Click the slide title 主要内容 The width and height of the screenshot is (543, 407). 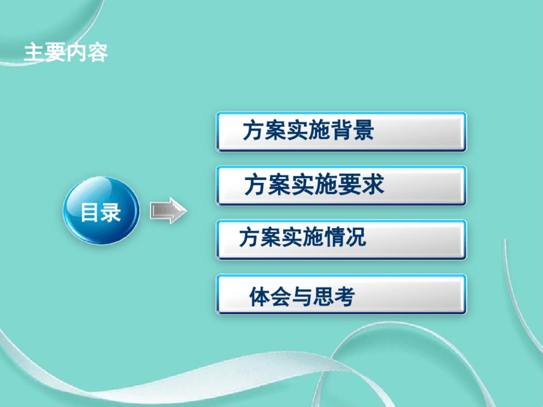(x=66, y=53)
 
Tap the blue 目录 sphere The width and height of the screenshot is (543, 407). (x=101, y=211)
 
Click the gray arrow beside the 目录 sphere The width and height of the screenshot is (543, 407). (x=168, y=211)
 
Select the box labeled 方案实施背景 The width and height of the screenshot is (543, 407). (x=341, y=131)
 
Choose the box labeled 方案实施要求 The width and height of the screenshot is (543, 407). (x=341, y=186)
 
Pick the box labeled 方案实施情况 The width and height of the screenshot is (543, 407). (x=341, y=240)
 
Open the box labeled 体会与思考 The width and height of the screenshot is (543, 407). (x=341, y=294)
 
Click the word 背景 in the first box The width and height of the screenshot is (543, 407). (x=352, y=130)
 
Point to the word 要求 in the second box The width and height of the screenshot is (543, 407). (x=362, y=185)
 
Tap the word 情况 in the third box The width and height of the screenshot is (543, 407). (x=344, y=237)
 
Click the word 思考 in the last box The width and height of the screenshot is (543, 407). (x=334, y=297)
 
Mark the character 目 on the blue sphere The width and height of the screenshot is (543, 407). (x=90, y=212)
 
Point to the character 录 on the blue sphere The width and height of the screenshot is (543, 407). (x=111, y=212)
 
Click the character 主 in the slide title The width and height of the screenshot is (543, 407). (x=34, y=53)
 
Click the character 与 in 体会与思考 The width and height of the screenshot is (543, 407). (x=302, y=297)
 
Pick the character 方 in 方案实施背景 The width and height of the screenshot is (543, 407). (x=254, y=130)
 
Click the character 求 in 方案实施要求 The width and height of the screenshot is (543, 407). (x=373, y=185)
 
